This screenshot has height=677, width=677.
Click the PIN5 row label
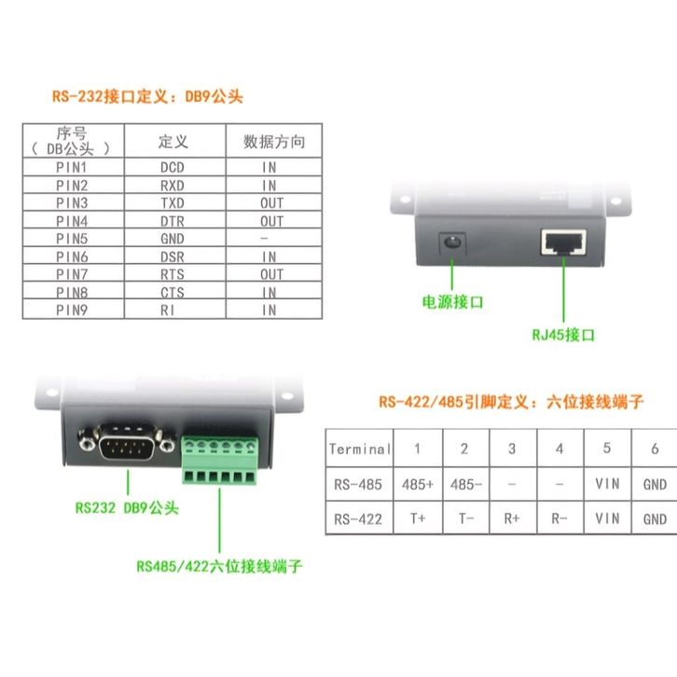coord(72,239)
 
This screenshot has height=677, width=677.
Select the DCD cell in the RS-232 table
coord(173,168)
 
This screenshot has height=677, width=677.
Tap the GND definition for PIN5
coord(173,239)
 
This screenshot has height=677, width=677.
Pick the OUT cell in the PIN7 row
coord(271,274)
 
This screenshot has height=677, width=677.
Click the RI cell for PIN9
coord(173,310)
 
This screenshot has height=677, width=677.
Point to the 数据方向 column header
coord(273,142)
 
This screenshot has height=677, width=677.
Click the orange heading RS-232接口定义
coord(146,97)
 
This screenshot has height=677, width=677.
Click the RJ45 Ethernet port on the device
coord(562,242)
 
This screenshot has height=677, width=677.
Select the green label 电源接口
coord(454,302)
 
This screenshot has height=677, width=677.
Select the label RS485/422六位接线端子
coord(219,565)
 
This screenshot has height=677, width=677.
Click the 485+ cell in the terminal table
coord(417,484)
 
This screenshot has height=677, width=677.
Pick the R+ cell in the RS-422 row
coord(512,518)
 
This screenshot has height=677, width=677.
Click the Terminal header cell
coord(359,449)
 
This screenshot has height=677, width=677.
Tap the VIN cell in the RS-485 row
coord(607,484)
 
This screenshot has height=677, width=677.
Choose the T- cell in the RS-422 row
coord(464,518)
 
